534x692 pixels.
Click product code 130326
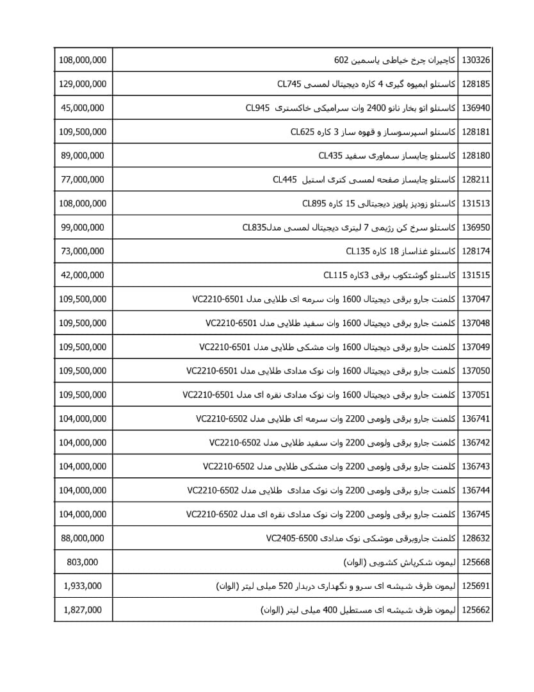[476, 60]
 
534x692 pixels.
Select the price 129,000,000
[83, 84]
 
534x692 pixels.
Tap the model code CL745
[289, 84]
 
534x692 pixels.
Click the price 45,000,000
[83, 108]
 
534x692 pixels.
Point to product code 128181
[476, 132]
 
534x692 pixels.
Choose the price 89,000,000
[83, 156]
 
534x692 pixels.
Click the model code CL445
[285, 179]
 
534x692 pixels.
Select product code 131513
[476, 204]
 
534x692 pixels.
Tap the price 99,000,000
[83, 227]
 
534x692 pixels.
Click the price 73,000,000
[83, 251]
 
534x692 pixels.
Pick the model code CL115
[336, 275]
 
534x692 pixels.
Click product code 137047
[476, 299]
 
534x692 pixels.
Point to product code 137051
[476, 395]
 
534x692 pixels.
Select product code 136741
[476, 418]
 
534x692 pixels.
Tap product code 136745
[476, 514]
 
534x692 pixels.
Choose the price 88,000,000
[83, 538]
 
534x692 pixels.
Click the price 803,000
[83, 562]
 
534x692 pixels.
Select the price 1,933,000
[83, 586]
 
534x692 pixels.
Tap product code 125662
[476, 610]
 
